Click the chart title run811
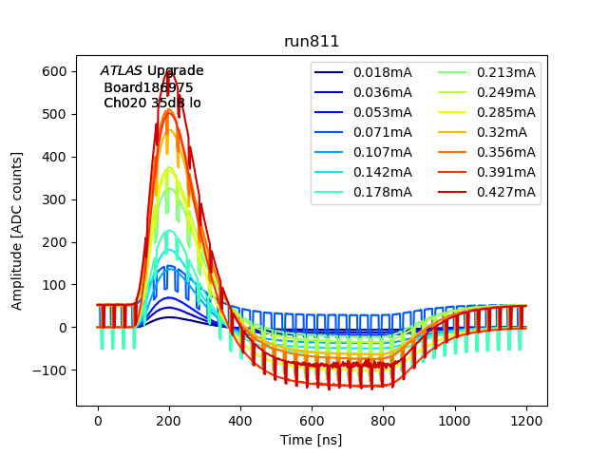[x=312, y=42]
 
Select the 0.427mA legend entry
[x=506, y=192]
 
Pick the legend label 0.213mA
[x=506, y=72]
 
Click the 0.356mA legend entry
[x=506, y=152]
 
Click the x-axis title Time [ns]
[x=312, y=440]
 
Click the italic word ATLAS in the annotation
[x=121, y=71]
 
